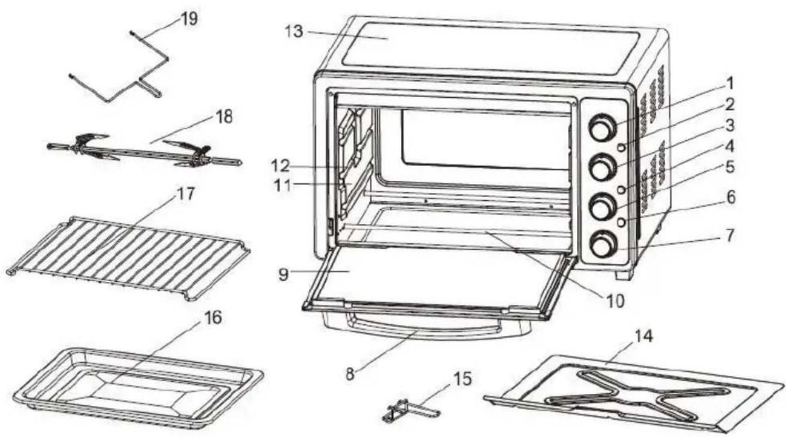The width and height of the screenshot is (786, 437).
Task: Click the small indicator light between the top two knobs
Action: point(622,147)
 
